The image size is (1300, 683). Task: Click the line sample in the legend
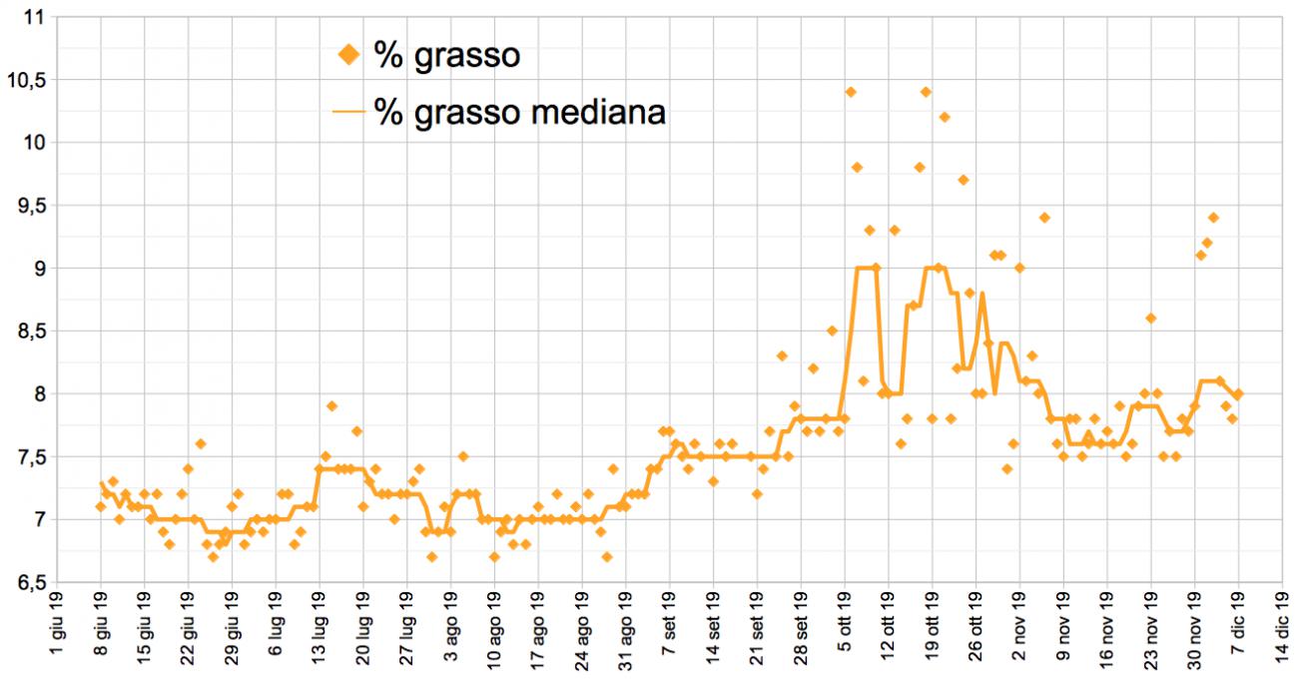[348, 113]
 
